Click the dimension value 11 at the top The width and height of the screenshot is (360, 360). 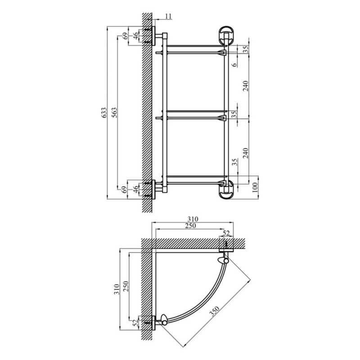(x=168, y=16)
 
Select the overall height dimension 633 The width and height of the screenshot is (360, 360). (x=104, y=112)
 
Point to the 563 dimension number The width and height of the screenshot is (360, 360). (x=114, y=112)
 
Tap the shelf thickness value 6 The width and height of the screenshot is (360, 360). (x=234, y=64)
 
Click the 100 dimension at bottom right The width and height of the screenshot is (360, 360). (x=255, y=188)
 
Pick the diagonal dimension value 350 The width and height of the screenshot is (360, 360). (x=215, y=311)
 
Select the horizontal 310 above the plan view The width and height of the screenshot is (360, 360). (x=193, y=219)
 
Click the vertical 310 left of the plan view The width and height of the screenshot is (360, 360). (x=117, y=289)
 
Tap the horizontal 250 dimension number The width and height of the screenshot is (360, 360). (x=190, y=226)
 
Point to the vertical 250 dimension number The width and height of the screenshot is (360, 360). (x=126, y=286)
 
